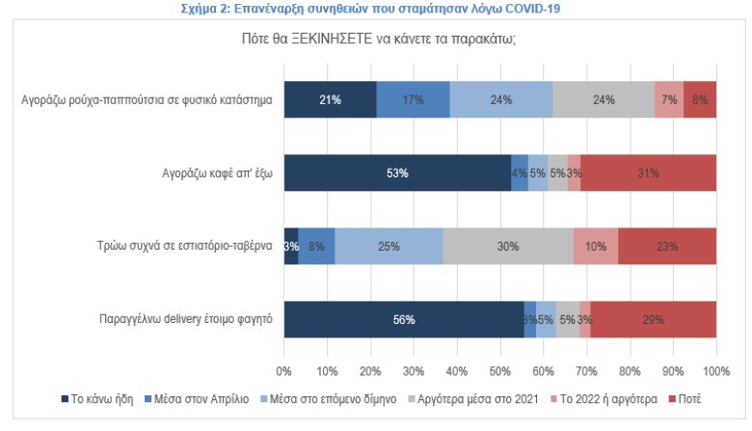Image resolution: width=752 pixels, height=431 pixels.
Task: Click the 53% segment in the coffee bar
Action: tap(397, 174)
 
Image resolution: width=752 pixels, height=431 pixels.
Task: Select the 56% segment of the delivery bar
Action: tap(404, 319)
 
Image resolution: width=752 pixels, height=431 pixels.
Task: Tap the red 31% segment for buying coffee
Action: tap(648, 174)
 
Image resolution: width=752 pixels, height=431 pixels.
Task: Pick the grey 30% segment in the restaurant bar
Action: tap(508, 246)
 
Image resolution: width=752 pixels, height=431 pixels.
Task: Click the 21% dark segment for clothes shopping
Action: tap(330, 99)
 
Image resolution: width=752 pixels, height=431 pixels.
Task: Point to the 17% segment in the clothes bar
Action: tap(413, 99)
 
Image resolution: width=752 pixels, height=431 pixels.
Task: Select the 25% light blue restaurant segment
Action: tap(389, 246)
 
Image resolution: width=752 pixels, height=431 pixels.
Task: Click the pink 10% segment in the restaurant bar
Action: tap(595, 246)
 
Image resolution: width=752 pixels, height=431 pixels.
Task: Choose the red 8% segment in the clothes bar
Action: tap(700, 99)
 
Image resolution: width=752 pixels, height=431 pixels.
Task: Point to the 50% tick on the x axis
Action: tap(500, 370)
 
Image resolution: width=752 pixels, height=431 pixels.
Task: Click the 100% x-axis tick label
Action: tap(715, 370)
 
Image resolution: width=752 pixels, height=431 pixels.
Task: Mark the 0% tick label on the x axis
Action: tap(284, 370)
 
